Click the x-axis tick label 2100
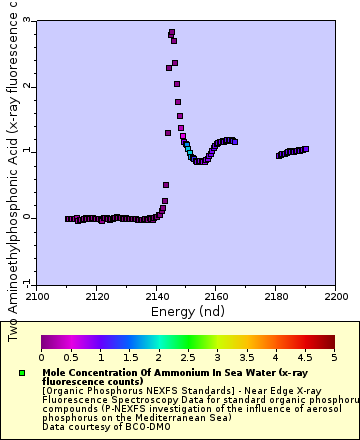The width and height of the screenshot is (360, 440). [37, 297]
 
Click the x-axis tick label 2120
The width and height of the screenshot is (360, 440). [97, 297]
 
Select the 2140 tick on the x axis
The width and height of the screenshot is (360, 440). [157, 297]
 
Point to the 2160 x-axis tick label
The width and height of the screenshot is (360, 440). [217, 297]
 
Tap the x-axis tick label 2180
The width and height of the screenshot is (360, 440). [277, 297]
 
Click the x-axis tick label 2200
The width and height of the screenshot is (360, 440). [335, 297]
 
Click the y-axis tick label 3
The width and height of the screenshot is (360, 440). [27, 20]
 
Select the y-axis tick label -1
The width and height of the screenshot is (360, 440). [25, 282]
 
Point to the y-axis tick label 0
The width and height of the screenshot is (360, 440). [27, 217]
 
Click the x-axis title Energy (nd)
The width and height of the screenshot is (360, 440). [187, 311]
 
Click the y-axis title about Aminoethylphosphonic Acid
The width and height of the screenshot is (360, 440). [13, 170]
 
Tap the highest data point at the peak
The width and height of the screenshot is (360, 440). [172, 33]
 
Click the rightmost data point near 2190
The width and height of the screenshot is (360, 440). [305, 149]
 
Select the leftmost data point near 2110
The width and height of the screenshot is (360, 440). [68, 219]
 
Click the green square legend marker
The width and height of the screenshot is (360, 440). [22, 373]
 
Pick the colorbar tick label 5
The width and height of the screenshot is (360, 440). [333, 357]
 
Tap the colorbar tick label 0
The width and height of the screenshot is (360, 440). [41, 357]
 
